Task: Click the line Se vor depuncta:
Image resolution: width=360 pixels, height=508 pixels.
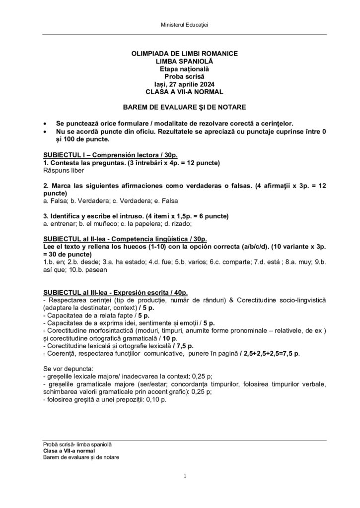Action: (65, 369)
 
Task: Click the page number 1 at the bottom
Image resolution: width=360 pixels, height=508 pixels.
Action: (184, 477)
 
